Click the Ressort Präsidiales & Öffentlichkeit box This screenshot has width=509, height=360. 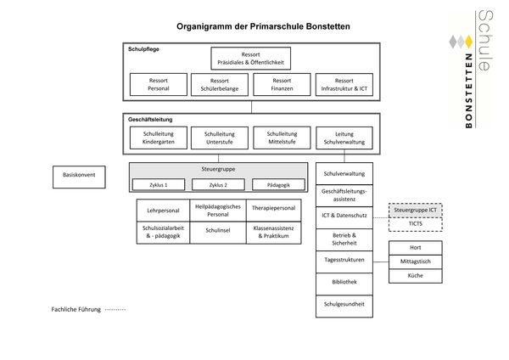(250, 58)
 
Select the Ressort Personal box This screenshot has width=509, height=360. (159, 84)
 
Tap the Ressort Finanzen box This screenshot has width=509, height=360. (282, 84)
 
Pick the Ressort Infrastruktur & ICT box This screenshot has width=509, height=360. (344, 84)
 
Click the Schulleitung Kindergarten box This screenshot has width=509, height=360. (159, 138)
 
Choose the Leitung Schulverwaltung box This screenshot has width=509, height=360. (344, 138)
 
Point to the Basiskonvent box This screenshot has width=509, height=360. (79, 176)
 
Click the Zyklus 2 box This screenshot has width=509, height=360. (219, 184)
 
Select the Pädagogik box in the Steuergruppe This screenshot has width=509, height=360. (277, 184)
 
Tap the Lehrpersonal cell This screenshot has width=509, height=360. (163, 209)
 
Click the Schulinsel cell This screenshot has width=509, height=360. (219, 233)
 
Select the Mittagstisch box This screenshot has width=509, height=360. (415, 262)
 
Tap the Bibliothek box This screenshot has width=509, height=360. (344, 282)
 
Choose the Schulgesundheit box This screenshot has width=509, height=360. (344, 304)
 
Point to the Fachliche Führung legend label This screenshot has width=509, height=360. (76, 310)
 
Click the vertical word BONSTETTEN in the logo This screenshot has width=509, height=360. (470, 90)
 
